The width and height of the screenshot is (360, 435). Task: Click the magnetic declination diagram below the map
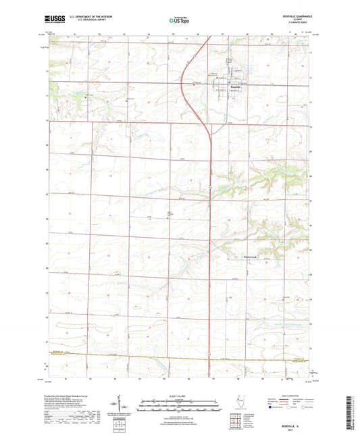pyautogui.click(x=128, y=407)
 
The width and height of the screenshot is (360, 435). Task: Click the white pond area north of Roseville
pyautogui.click(x=230, y=62)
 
